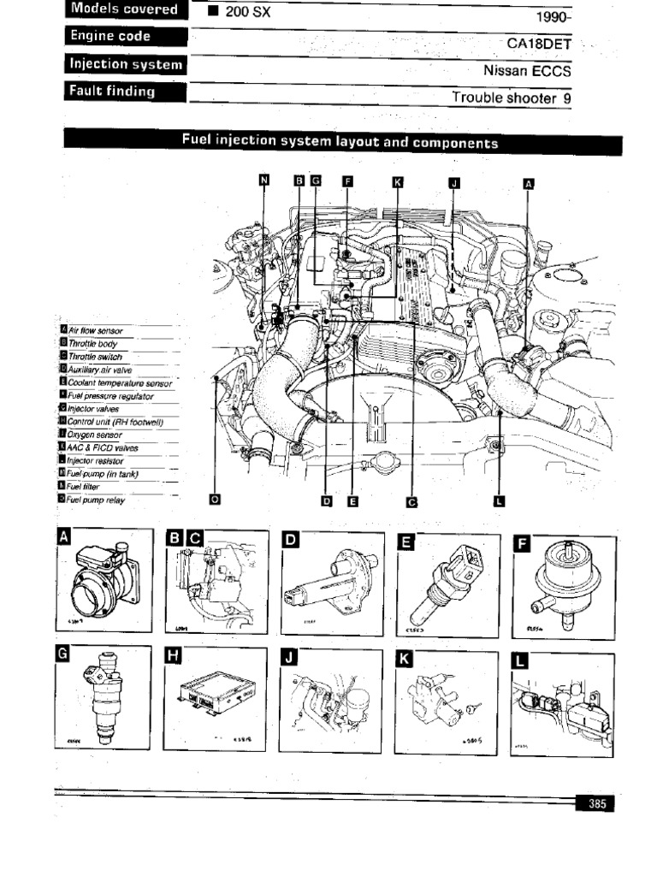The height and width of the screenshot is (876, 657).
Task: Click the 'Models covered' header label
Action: coord(124,9)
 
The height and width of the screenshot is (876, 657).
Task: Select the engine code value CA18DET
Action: coord(538,42)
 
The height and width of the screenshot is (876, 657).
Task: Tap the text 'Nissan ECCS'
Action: coord(527,70)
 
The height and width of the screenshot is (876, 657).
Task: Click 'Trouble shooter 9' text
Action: coord(511,98)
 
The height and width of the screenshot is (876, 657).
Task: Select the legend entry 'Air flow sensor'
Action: coord(95,330)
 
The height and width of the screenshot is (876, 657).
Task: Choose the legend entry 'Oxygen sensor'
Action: coord(95,435)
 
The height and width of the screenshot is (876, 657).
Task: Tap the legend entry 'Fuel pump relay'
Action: coord(96,500)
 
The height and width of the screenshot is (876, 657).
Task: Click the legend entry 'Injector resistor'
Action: coord(95,460)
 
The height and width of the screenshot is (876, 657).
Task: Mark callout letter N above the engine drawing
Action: coord(263,180)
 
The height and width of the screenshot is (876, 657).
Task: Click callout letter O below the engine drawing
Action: coord(214,501)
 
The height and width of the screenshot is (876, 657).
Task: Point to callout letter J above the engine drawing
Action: coord(454,181)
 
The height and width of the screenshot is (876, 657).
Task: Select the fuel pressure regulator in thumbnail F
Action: coord(565,582)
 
